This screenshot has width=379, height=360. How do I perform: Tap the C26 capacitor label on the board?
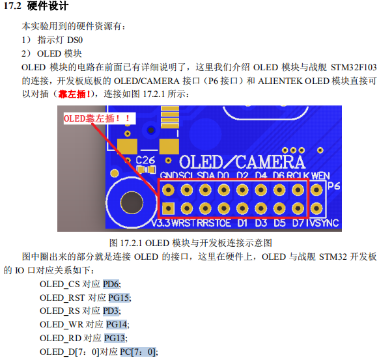[145, 159]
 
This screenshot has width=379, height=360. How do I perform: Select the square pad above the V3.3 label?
[167, 209]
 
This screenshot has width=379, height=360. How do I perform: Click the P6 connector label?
[333, 187]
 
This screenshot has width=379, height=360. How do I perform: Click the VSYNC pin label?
[324, 223]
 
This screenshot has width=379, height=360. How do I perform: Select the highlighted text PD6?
[111, 284]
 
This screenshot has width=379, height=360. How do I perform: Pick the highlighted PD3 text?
[111, 311]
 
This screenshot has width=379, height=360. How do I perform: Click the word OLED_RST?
[63, 298]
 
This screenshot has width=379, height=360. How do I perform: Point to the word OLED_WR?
[61, 324]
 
